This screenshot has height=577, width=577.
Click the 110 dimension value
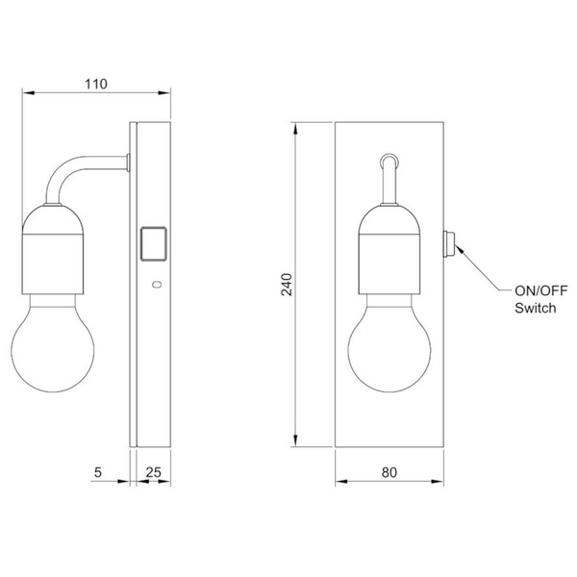pyautogui.click(x=96, y=84)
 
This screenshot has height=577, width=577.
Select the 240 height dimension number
pyautogui.click(x=287, y=285)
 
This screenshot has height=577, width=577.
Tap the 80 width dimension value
pyautogui.click(x=389, y=472)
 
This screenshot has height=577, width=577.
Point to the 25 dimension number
pyautogui.click(x=154, y=472)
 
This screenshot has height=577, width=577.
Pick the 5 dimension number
pyautogui.click(x=97, y=472)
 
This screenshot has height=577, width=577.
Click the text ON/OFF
pyautogui.click(x=540, y=290)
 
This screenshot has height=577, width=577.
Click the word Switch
pyautogui.click(x=535, y=308)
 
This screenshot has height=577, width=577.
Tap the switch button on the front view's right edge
pyautogui.click(x=449, y=243)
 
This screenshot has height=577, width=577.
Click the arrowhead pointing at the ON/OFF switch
pyautogui.click(x=459, y=249)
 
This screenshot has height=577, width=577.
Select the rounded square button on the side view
pyautogui.click(x=154, y=243)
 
